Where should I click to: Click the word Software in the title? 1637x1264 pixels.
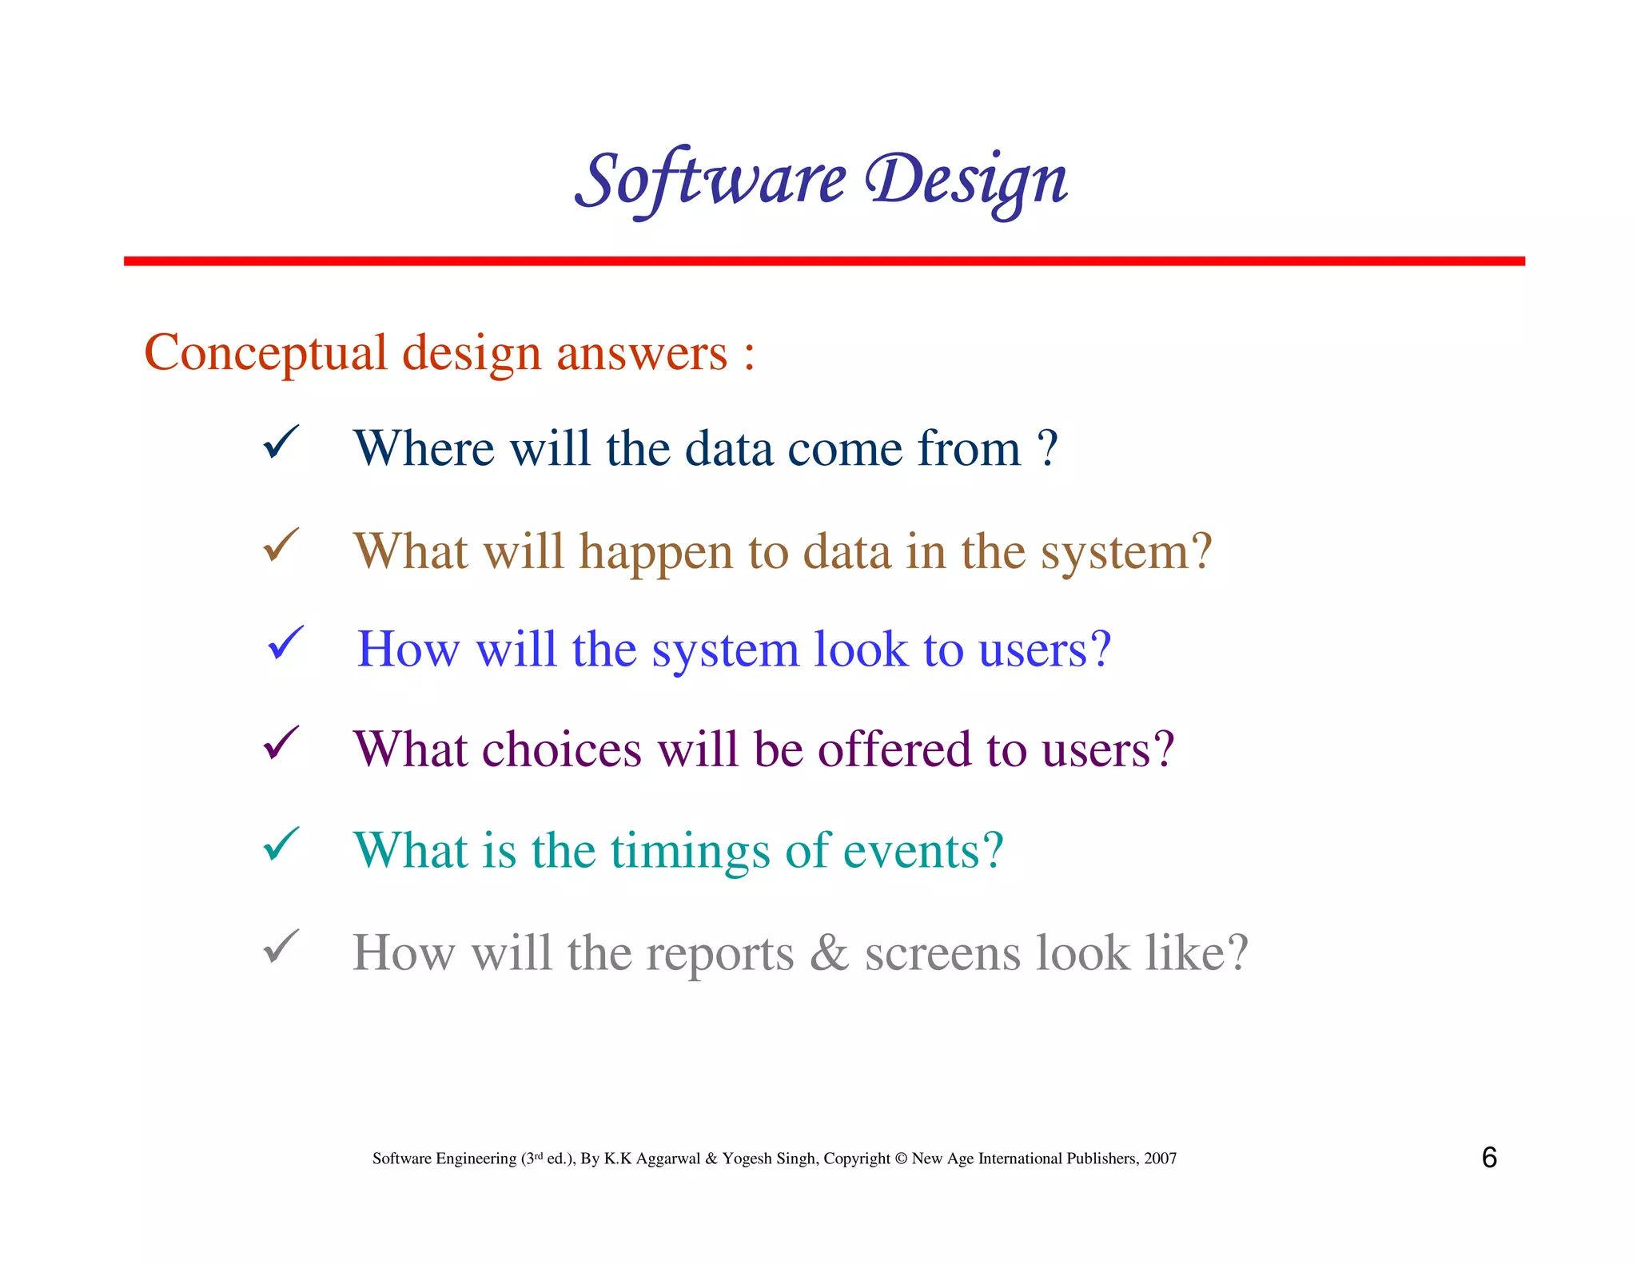pyautogui.click(x=710, y=181)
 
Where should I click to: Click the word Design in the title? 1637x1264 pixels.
pyautogui.click(x=967, y=181)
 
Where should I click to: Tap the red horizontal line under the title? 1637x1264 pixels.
pyautogui.click(x=823, y=261)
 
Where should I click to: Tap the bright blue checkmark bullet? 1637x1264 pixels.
pyautogui.click(x=285, y=643)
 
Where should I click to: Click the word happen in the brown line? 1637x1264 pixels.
pyautogui.click(x=655, y=553)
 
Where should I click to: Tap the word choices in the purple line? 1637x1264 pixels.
pyautogui.click(x=561, y=750)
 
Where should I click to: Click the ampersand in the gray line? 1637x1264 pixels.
pyautogui.click(x=829, y=952)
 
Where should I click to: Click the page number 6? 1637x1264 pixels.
pyautogui.click(x=1489, y=1158)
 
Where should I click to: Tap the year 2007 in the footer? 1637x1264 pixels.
pyautogui.click(x=1160, y=1159)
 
